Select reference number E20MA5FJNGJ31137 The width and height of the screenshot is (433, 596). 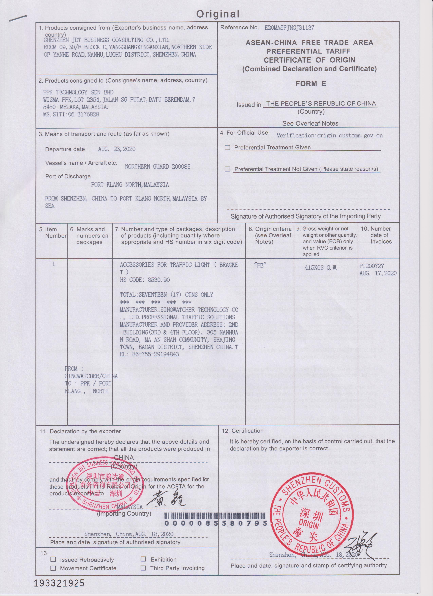pyautogui.click(x=289, y=28)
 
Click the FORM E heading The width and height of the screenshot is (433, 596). pyautogui.click(x=311, y=84)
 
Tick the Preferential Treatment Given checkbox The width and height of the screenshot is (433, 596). pyautogui.click(x=227, y=148)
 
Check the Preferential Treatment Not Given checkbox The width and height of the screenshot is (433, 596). pyautogui.click(x=227, y=169)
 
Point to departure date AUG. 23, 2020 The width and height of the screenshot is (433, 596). pyautogui.click(x=117, y=149)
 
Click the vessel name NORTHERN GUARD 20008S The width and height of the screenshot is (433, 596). pyautogui.click(x=158, y=167)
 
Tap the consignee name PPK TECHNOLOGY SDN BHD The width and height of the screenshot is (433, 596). pyautogui.click(x=78, y=92)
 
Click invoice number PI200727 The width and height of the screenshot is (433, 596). pyautogui.click(x=372, y=266)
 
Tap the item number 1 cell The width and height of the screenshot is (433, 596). pyautogui.click(x=53, y=264)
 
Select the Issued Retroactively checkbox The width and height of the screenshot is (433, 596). pyautogui.click(x=53, y=560)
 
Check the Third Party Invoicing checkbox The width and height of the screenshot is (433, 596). pyautogui.click(x=143, y=568)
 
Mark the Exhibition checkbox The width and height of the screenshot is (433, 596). pyautogui.click(x=143, y=559)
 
